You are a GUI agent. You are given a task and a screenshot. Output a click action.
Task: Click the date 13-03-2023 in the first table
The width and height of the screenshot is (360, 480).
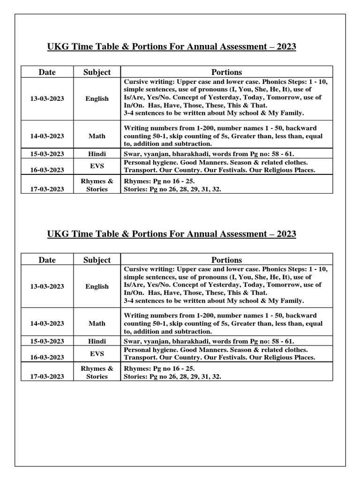[47, 99]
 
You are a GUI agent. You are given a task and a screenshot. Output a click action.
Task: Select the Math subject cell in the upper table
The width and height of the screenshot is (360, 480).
[97, 136]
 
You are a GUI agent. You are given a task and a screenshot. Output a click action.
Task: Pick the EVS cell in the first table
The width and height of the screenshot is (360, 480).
[97, 165]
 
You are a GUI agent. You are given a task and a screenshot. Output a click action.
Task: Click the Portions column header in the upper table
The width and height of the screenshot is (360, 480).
[226, 72]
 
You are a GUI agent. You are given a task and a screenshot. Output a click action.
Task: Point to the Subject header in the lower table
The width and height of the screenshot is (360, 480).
[97, 260]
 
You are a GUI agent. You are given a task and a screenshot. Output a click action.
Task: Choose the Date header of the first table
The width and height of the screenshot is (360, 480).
[47, 72]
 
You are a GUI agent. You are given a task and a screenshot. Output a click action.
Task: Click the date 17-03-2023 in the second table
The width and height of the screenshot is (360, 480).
[47, 376]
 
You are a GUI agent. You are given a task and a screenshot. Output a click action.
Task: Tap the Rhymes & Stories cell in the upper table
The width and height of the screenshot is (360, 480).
[97, 185]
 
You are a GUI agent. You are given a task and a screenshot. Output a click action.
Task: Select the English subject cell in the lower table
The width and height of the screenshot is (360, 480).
[97, 286]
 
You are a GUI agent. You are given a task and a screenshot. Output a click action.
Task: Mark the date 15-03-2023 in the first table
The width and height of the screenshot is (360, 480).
[47, 153]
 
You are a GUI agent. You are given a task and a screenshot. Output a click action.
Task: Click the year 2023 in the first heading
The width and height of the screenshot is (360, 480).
[285, 47]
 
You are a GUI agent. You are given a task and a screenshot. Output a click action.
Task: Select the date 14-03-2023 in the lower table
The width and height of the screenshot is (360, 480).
[47, 323]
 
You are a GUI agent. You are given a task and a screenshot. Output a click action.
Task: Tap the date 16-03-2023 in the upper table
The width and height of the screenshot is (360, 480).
[47, 170]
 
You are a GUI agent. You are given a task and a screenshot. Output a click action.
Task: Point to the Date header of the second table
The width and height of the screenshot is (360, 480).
[47, 260]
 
